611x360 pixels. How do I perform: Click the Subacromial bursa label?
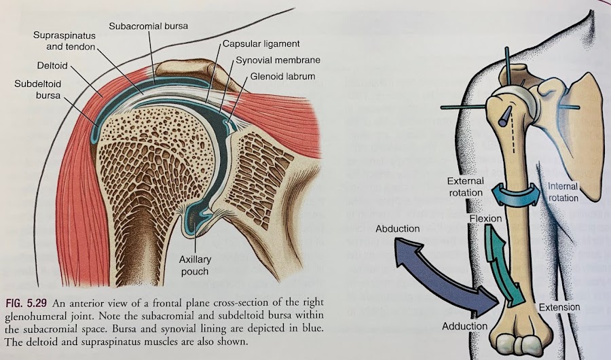click(148, 26)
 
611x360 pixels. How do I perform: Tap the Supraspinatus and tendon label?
click(64, 41)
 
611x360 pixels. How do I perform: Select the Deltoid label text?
click(52, 65)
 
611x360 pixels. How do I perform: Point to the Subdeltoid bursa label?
click(38, 89)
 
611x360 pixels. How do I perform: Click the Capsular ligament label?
click(261, 43)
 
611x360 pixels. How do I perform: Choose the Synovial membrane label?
click(278, 60)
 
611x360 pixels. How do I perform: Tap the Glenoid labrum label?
click(282, 76)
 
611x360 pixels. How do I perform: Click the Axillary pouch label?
click(195, 265)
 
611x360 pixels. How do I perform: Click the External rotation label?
click(466, 187)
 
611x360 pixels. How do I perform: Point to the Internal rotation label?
click(563, 192)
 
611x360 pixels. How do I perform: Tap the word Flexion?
click(485, 219)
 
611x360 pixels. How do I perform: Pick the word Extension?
click(559, 307)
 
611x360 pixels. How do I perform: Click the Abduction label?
click(397, 228)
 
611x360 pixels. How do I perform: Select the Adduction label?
click(465, 325)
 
